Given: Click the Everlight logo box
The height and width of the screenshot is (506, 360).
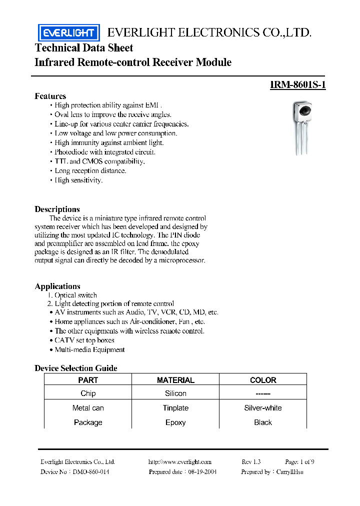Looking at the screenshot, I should [68, 33].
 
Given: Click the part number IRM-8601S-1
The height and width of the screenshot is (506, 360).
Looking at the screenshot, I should [297, 85].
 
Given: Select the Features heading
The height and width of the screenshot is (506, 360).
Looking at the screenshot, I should [50, 96].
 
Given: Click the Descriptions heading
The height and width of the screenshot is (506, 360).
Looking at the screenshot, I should [57, 209].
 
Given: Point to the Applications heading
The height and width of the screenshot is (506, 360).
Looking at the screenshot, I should [57, 286].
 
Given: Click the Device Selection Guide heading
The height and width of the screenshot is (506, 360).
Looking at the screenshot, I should [75, 368].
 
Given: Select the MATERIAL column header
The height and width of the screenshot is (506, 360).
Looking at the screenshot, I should [175, 380].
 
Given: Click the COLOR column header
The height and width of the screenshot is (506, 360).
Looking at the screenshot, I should [263, 380].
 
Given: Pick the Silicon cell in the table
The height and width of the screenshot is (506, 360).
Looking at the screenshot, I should [175, 393].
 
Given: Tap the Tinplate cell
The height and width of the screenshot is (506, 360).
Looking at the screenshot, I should [175, 408].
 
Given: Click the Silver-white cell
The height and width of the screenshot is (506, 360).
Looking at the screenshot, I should [263, 408].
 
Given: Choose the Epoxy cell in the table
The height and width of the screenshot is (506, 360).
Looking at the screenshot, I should [175, 422].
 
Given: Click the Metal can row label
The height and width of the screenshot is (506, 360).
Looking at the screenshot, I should [88, 408].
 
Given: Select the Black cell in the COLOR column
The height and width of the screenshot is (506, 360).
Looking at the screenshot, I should [263, 422].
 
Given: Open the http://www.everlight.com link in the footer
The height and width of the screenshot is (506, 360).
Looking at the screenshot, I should [180, 462].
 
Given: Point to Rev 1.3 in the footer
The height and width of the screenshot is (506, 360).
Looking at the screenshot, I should [251, 462].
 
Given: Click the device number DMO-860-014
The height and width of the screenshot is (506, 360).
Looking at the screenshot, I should [90, 472].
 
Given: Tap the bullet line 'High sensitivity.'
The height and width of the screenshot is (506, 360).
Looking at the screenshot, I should [78, 180].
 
